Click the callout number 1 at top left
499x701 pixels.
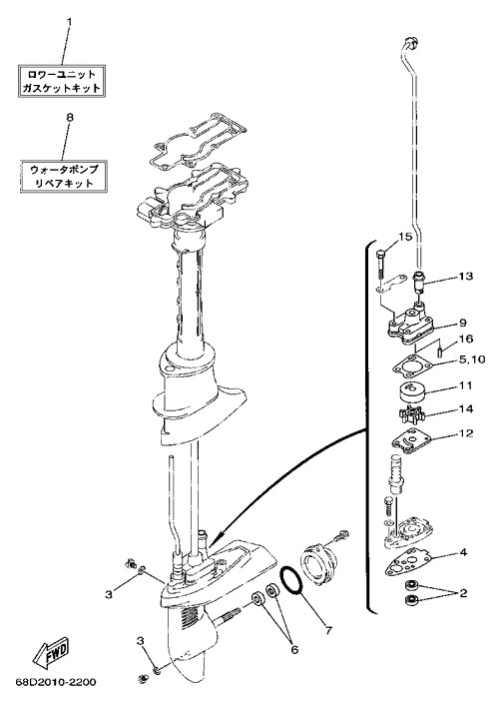pos(69,21)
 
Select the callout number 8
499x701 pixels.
pos(69,118)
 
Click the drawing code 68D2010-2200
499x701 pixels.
pos(56,683)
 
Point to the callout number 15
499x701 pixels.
pos(405,238)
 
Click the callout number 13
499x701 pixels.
pos(465,277)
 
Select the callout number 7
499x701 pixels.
pos(328,630)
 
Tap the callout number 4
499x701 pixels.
pos(463,552)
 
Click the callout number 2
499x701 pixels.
pos(463,593)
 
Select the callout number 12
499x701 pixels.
pos(465,433)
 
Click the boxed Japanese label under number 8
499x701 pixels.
pos(64,176)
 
